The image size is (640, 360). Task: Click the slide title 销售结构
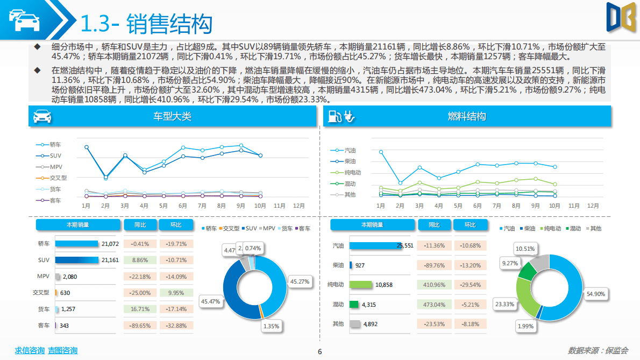coord(169,24)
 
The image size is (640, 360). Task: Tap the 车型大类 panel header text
coord(172,116)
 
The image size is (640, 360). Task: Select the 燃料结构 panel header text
coord(466,116)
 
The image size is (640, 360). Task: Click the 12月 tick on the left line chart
coord(299,206)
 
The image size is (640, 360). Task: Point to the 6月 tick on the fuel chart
coord(477,206)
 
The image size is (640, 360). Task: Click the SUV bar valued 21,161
coord(77,260)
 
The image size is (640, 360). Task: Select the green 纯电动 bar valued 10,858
coord(361,285)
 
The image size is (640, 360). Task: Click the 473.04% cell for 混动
coord(434,305)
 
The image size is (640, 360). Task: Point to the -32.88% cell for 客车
coord(175,326)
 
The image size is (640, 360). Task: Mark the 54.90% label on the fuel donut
coord(596,294)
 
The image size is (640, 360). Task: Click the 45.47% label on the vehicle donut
coord(210,302)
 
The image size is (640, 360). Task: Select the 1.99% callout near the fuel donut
coord(525,327)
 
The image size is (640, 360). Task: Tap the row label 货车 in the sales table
coord(44,309)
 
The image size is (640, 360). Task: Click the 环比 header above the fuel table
coord(470,225)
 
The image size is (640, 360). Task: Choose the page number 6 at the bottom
coord(320,352)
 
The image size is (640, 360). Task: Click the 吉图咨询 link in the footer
coord(62,351)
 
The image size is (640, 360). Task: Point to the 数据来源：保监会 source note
coord(598,351)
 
